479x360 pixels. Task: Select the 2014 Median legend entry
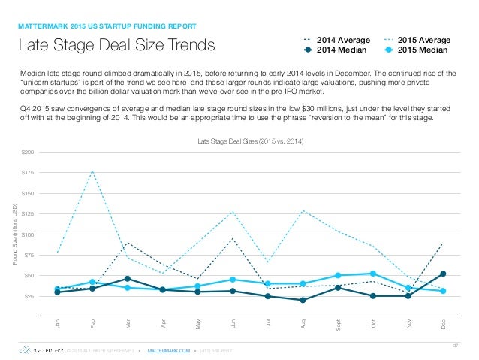(x=337, y=50)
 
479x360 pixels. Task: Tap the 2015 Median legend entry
(x=418, y=50)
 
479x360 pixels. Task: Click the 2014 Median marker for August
(x=303, y=300)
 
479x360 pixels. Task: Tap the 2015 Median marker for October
(x=373, y=274)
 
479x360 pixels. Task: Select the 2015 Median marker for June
(x=233, y=280)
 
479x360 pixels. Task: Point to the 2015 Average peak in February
(x=92, y=171)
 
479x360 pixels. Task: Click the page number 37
(x=454, y=345)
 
